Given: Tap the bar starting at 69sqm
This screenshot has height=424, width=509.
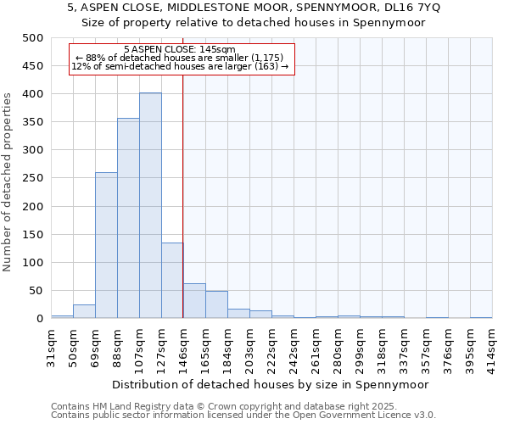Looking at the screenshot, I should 106,246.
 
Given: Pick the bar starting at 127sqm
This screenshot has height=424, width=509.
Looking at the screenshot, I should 172,281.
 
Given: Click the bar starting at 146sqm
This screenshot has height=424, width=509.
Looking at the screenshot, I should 194,301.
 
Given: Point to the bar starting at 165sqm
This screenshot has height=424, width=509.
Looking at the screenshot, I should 216,305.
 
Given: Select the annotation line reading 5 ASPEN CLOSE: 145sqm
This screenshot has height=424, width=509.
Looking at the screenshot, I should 179,50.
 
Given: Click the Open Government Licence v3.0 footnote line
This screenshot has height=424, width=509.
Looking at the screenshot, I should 243,415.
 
